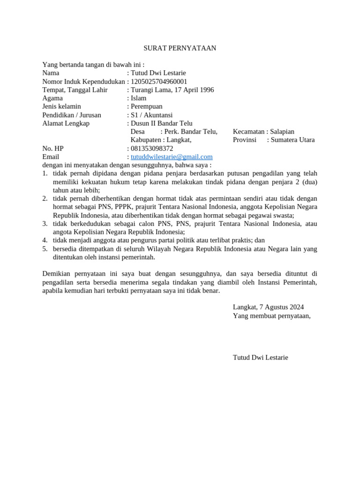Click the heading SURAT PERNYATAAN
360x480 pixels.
[180, 48]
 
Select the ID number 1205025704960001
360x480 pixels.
[159, 82]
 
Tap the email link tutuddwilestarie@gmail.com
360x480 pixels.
[172, 157]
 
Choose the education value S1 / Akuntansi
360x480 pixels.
[151, 115]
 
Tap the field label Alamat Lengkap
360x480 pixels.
[66, 123]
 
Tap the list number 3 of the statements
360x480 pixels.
[45, 224]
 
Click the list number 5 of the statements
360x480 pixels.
[45, 249]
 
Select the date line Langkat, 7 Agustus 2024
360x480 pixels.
[268, 307]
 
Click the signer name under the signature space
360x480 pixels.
[260, 358]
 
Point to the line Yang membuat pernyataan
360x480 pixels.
[271, 315]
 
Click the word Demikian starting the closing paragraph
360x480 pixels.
[57, 274]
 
